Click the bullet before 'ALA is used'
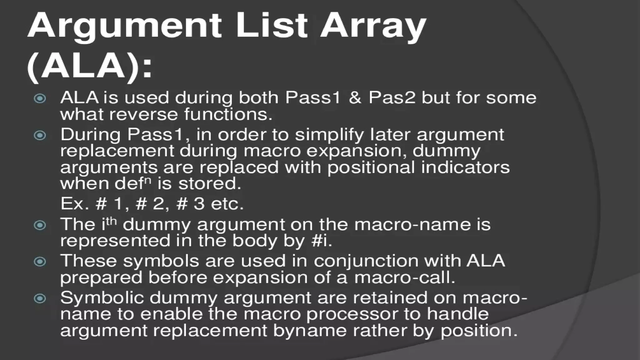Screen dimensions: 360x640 40,99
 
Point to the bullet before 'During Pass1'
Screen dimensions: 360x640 40,135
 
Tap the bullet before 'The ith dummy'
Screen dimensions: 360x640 40,225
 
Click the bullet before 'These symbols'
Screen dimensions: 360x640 40,262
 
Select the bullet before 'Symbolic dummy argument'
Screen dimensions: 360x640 40,298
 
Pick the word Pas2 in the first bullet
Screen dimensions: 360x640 392,98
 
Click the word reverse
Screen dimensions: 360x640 144,114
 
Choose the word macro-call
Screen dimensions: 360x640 404,277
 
